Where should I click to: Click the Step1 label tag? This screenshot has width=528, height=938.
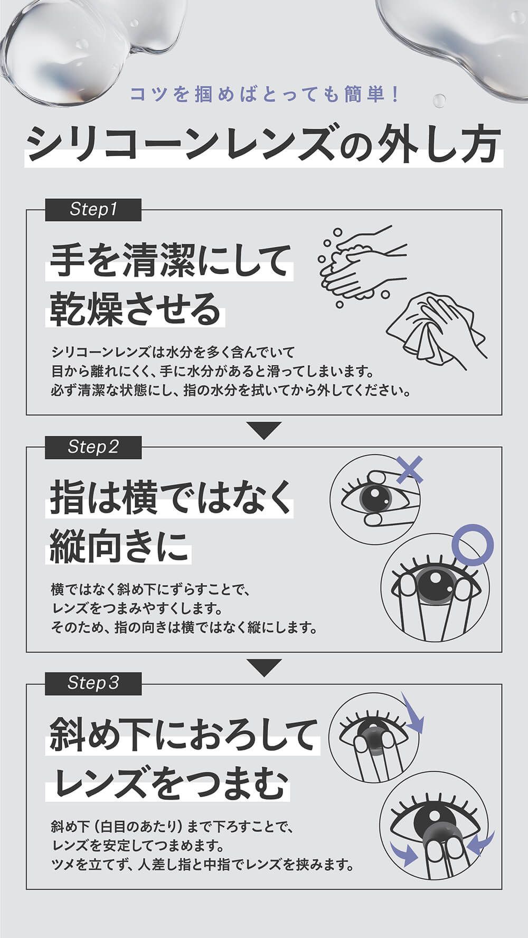[93, 210]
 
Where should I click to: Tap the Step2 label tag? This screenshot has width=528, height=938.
[93, 447]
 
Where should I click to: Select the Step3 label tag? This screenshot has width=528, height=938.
[93, 684]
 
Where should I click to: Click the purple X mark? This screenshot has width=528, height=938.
[410, 470]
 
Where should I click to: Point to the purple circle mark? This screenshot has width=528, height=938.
[474, 544]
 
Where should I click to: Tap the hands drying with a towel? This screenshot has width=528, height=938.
[436, 330]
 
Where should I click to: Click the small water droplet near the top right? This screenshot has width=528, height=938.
[439, 100]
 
